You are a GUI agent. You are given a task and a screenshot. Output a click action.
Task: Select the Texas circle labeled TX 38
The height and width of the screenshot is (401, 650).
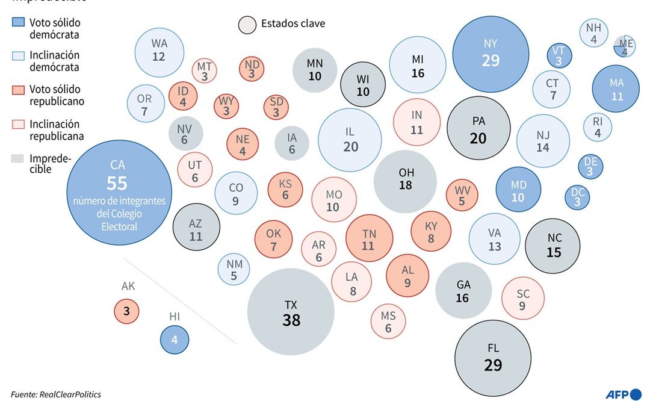[x=291, y=312]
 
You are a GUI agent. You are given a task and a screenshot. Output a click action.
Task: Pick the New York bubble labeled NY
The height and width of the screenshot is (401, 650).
[x=491, y=54]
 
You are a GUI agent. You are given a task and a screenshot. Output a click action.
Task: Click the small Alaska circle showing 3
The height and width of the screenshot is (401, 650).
[x=126, y=311]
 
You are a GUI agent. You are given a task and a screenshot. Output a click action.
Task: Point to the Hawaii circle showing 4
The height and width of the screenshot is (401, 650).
[x=175, y=340]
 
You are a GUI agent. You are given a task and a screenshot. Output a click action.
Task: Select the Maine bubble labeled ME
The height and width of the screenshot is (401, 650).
[x=624, y=46]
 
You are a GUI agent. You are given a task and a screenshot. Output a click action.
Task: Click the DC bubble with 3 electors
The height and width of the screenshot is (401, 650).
[x=577, y=197]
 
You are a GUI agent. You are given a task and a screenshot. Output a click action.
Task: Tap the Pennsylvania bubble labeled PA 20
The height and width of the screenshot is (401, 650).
[x=478, y=129]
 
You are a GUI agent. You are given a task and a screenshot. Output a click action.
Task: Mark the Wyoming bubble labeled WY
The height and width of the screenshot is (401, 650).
[x=226, y=106]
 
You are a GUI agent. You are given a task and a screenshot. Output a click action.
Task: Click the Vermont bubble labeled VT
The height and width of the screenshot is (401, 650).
[x=559, y=56]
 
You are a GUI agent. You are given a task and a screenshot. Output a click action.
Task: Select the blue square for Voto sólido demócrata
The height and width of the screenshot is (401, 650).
[x=19, y=23]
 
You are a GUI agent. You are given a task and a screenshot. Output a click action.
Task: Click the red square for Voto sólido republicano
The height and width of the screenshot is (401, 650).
[x=19, y=90]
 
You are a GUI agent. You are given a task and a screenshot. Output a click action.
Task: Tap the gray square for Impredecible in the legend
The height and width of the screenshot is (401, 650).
[x=19, y=158]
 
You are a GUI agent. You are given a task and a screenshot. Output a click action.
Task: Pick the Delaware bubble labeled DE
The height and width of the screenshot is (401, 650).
[x=590, y=166]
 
